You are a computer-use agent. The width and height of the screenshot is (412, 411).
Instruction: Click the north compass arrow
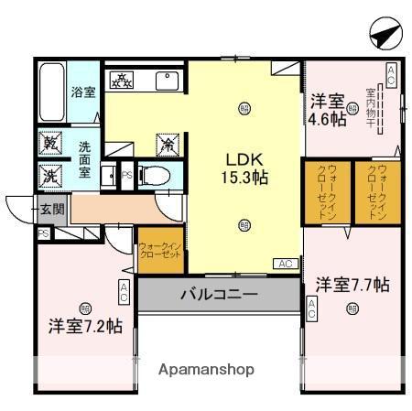point(385,35)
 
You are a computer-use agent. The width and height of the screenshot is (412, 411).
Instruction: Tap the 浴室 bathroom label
point(83,92)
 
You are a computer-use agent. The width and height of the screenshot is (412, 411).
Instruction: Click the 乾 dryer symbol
point(49,142)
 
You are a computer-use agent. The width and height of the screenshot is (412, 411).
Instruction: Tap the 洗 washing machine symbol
point(49,174)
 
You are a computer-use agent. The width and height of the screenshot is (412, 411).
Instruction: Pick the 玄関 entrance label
point(52,209)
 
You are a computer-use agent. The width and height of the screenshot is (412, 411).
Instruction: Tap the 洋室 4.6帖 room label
point(327,109)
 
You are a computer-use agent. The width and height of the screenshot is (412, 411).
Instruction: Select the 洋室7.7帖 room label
point(352,284)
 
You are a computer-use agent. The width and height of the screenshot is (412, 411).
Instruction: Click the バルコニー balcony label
point(218,295)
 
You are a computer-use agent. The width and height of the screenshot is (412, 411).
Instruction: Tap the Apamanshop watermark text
point(206,370)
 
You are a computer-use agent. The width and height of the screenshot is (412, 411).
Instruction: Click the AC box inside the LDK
point(284,264)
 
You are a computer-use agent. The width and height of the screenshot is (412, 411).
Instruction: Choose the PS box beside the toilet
point(127,174)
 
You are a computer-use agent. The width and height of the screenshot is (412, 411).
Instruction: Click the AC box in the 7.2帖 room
point(124,291)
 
